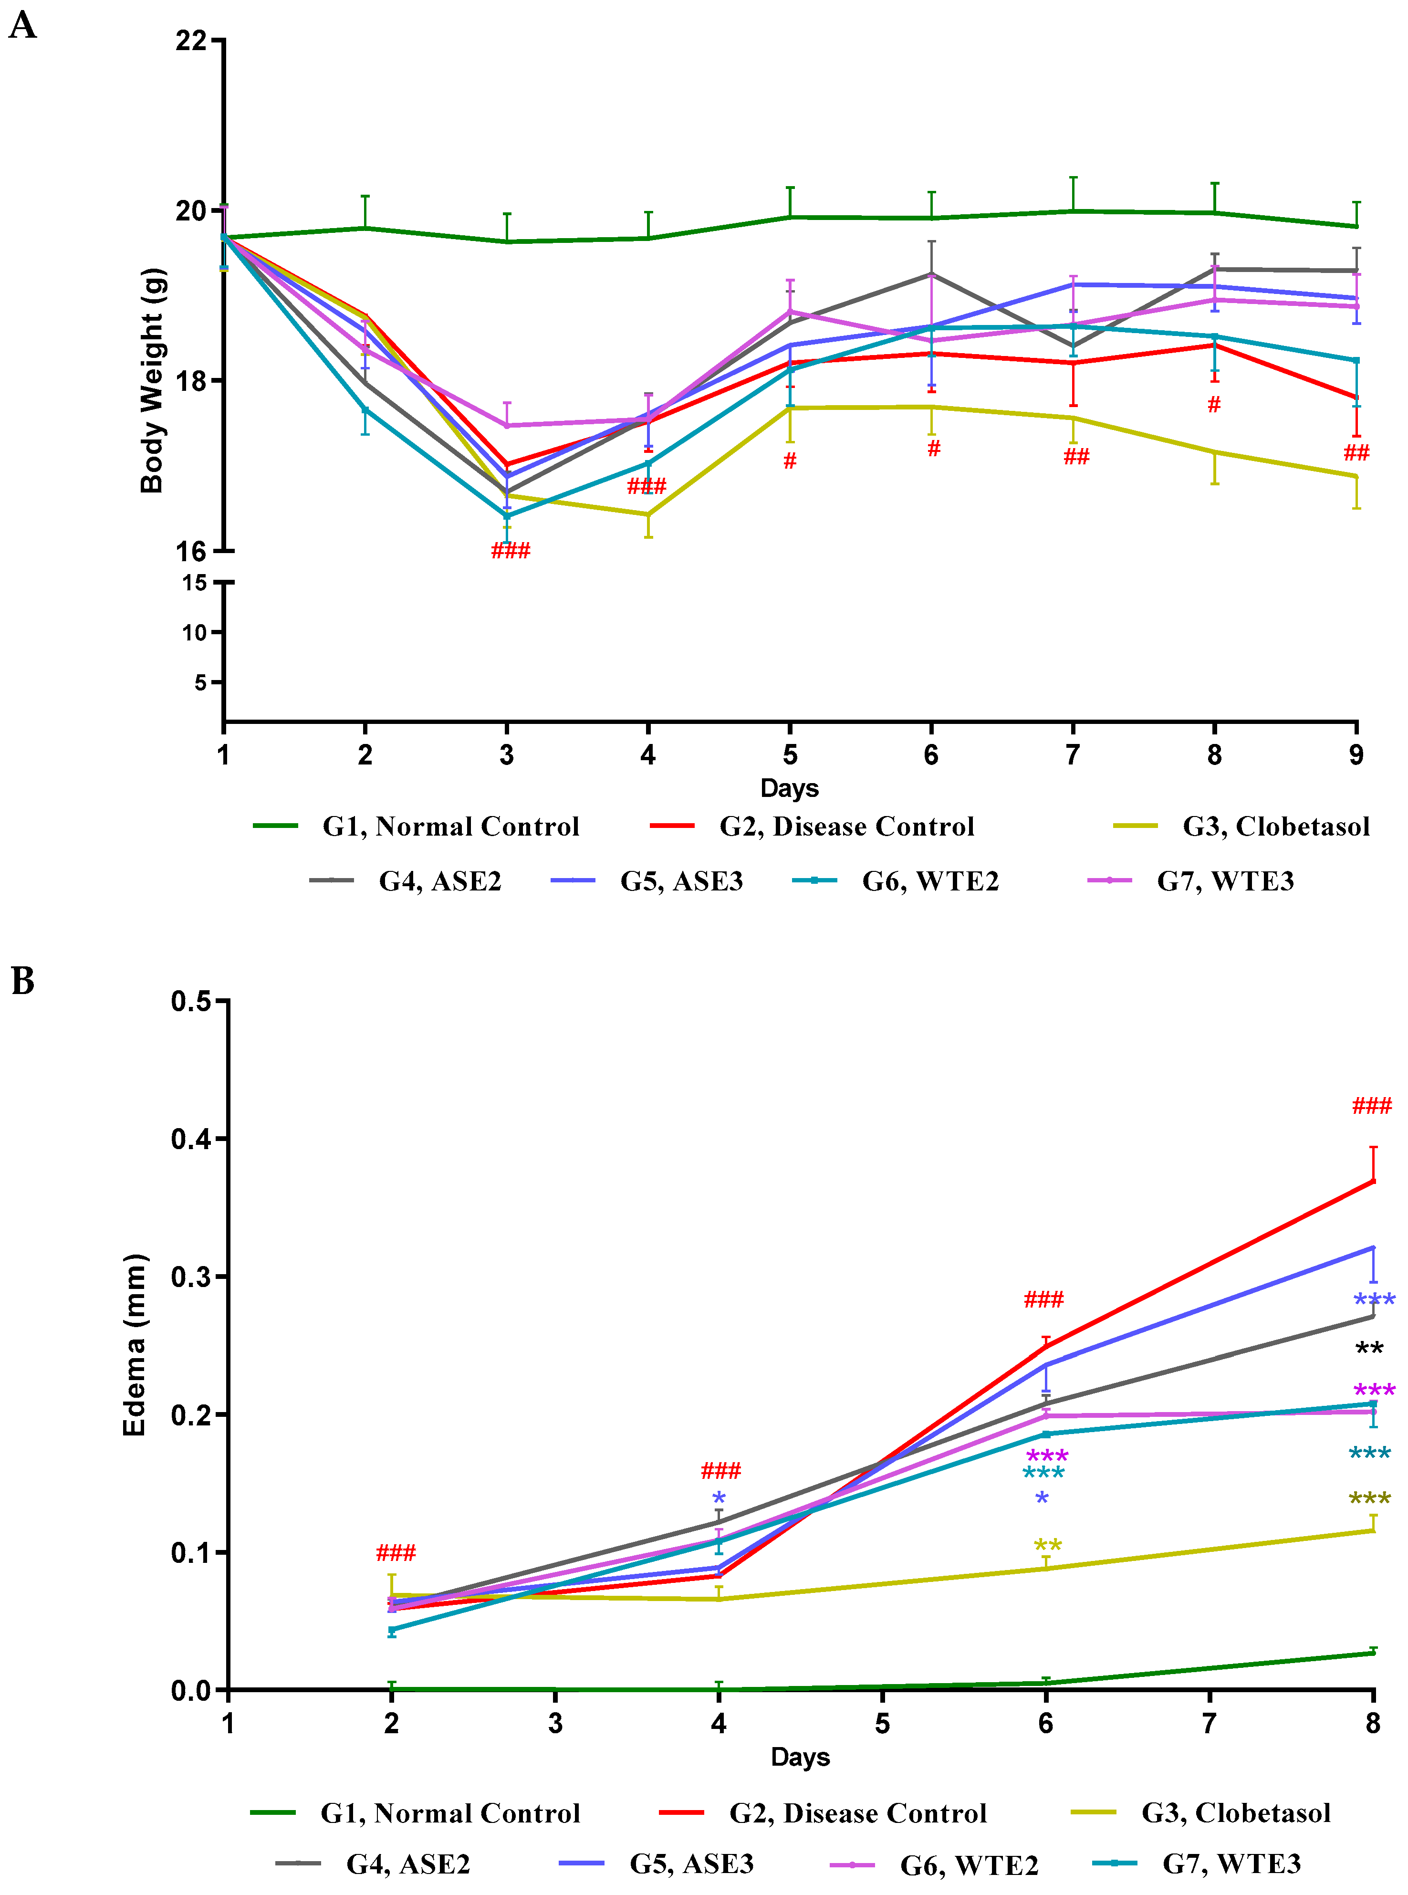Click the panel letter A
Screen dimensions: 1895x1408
tap(23, 26)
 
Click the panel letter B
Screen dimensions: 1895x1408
tap(23, 981)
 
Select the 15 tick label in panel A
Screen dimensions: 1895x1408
tap(194, 583)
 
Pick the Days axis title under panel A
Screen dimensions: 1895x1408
tap(789, 788)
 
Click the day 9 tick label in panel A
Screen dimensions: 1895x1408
tap(1356, 755)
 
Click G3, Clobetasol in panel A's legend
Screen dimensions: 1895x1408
tap(1275, 826)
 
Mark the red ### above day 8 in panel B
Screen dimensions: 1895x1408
tap(1371, 1107)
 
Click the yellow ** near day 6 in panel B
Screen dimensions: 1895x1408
tap(1047, 1546)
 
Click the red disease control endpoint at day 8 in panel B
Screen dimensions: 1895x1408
tap(1372, 1181)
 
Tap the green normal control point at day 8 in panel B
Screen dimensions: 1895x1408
tap(1372, 1653)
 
